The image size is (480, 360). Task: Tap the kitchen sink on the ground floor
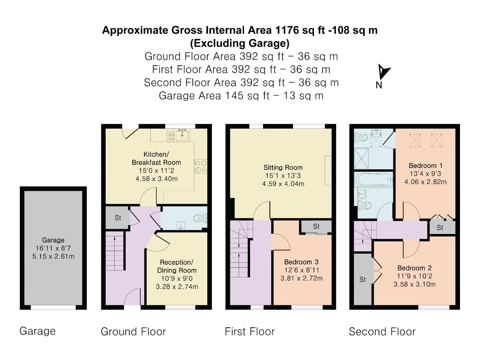[182, 135]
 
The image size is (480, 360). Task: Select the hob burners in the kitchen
[201, 166]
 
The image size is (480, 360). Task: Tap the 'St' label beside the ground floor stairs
[118, 218]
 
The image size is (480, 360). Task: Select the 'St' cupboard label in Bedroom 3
[316, 227]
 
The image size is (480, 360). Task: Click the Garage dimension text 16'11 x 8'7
[53, 248]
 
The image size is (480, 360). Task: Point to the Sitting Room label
[283, 168]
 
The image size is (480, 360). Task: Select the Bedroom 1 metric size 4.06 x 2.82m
[425, 182]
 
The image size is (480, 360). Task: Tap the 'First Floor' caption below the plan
[250, 332]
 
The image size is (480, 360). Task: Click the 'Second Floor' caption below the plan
[382, 332]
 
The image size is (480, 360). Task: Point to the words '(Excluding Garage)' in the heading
[240, 43]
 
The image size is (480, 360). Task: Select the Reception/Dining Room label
[177, 266]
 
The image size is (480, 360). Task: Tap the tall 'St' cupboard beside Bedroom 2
[363, 279]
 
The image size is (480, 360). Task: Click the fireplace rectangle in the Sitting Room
[328, 171]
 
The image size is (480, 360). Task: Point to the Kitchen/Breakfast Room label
[156, 158]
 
